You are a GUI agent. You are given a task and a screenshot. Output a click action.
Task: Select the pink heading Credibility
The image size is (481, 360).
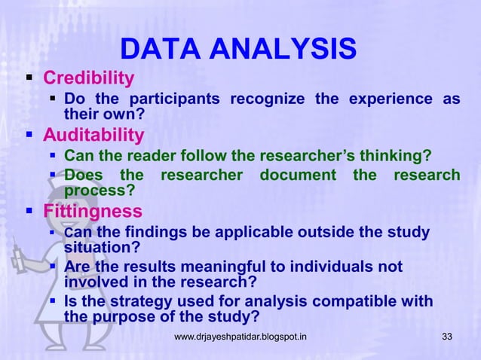[x=88, y=78]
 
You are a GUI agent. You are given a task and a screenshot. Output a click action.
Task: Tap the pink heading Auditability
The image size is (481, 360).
[x=93, y=136]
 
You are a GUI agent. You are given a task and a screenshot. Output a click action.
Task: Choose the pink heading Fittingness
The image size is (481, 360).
[x=92, y=211]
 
